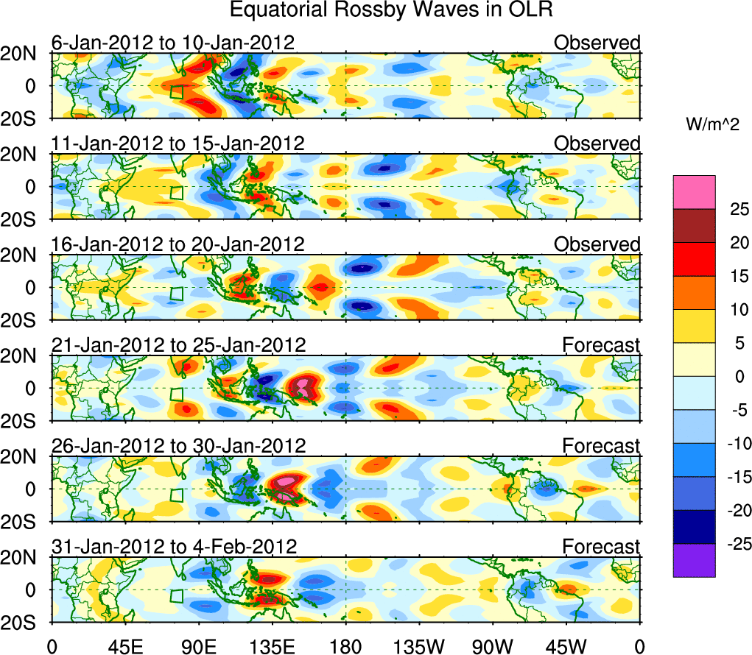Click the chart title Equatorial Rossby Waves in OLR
coord(391,10)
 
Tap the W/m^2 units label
coord(712,125)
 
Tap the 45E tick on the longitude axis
coord(124,646)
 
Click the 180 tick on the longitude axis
coord(345,646)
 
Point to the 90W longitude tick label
coord(493,646)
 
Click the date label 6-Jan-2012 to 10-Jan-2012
coord(173,43)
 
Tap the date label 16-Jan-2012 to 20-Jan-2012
coord(178,244)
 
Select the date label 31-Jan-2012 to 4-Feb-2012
coord(174,547)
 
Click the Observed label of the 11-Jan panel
coord(597,144)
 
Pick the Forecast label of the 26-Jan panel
coord(601,446)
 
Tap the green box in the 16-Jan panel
coord(176,292)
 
